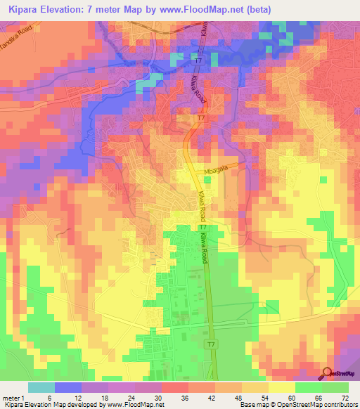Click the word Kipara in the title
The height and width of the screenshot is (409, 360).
click(25, 8)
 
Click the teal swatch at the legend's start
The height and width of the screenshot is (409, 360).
click(41, 387)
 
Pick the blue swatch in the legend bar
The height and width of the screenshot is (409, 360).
click(68, 387)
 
